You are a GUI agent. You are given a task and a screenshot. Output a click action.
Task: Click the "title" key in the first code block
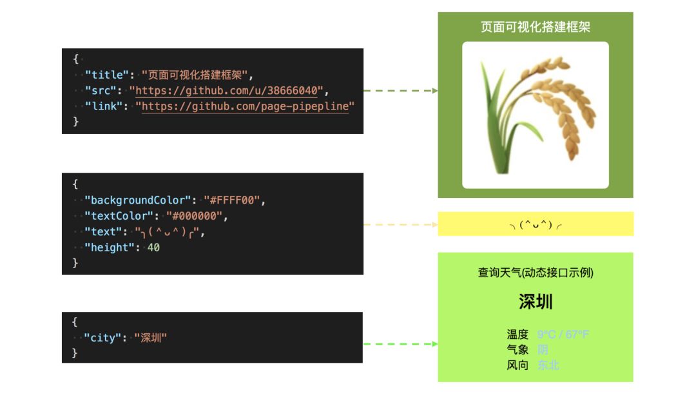pyautogui.click(x=106, y=75)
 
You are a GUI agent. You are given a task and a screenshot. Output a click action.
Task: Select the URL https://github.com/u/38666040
pyautogui.click(x=227, y=90)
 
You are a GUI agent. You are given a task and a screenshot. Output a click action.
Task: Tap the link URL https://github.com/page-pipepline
pyautogui.click(x=245, y=106)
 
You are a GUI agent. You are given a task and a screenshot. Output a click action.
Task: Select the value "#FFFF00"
pyautogui.click(x=232, y=200)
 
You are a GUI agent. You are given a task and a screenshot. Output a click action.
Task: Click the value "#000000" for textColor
pyautogui.click(x=193, y=216)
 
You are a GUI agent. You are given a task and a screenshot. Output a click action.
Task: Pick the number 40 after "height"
pyautogui.click(x=153, y=247)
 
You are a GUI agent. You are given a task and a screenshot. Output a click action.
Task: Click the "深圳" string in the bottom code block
pyautogui.click(x=151, y=337)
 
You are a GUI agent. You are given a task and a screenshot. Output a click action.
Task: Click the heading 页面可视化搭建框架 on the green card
pyautogui.click(x=536, y=27)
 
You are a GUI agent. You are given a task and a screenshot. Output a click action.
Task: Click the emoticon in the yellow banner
pyautogui.click(x=536, y=224)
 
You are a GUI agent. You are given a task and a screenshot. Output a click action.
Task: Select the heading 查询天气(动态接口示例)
pyautogui.click(x=536, y=273)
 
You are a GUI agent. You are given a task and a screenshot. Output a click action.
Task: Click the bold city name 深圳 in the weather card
pyautogui.click(x=536, y=302)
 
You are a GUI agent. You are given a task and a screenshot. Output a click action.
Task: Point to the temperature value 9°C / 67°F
pyautogui.click(x=563, y=334)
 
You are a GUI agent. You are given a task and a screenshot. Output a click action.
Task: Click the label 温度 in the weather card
pyautogui.click(x=517, y=334)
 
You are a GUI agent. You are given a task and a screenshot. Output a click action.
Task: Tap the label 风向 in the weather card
pyautogui.click(x=517, y=365)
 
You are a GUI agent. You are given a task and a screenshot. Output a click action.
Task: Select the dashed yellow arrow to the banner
pyautogui.click(x=400, y=224)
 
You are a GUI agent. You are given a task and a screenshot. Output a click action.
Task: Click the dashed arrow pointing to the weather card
pyautogui.click(x=400, y=343)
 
